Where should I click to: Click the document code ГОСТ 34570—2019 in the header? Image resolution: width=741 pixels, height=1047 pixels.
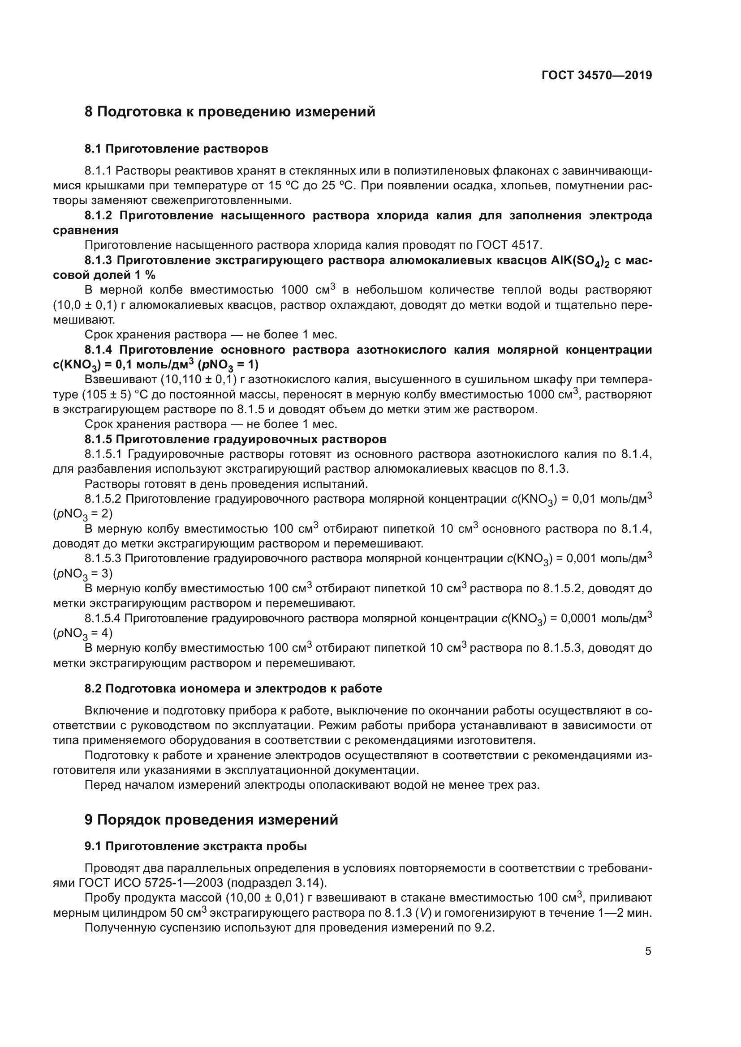[596, 75]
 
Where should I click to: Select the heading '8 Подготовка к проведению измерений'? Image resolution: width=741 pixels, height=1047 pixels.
[229, 112]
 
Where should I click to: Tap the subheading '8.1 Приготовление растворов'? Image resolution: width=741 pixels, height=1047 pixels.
[176, 149]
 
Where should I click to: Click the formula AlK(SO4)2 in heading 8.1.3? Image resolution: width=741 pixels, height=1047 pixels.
[580, 261]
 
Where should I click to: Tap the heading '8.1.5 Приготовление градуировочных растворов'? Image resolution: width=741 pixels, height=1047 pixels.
[236, 439]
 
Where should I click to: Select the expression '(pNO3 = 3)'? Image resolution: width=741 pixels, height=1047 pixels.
[82, 574]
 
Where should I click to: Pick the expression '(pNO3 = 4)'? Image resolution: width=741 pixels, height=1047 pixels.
[82, 633]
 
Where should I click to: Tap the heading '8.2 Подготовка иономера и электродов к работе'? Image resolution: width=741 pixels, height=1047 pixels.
[233, 688]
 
